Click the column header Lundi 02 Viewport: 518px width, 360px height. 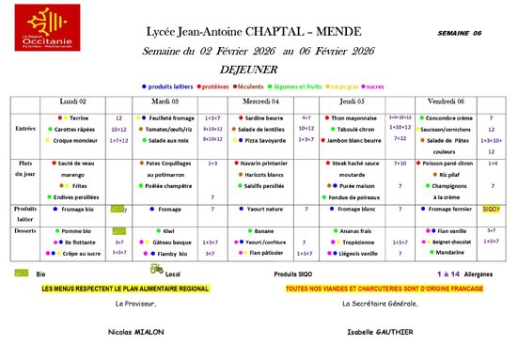(x=73, y=100)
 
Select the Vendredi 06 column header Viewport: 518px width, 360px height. (x=446, y=100)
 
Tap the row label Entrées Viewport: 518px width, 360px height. (x=24, y=128)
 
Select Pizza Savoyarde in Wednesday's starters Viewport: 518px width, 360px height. (x=264, y=139)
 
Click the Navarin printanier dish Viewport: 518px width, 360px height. (x=266, y=164)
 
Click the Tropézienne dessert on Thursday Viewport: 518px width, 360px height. (x=355, y=242)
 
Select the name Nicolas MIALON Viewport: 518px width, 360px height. (x=137, y=332)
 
